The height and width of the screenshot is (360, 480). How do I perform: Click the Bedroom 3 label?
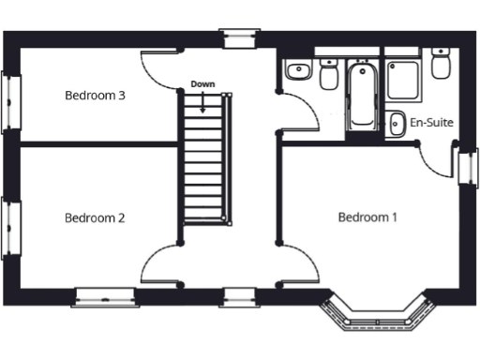point(95,95)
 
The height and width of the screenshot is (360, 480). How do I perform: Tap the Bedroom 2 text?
point(95,217)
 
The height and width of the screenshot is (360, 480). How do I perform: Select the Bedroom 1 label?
point(367,217)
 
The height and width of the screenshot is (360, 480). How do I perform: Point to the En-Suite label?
point(431,121)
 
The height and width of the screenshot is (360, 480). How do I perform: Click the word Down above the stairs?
point(202,84)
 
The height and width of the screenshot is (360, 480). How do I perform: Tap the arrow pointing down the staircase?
point(202,101)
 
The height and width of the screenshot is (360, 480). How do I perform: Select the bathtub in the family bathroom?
point(360,97)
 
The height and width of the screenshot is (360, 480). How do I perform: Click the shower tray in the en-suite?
point(404,81)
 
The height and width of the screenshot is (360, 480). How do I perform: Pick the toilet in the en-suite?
point(441,63)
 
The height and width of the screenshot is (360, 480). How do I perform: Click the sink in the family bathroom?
point(298,70)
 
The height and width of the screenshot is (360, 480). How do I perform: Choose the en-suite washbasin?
point(396,122)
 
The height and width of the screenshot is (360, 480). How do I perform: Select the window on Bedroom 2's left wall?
point(11,228)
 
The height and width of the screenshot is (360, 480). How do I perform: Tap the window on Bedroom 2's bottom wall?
point(105,297)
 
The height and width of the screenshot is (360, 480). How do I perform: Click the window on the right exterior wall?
point(467,166)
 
